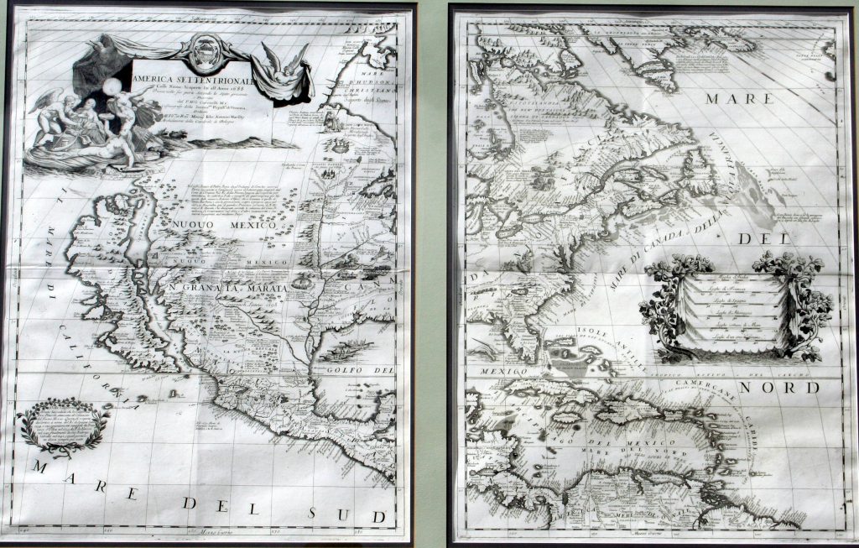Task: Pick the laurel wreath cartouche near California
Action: tap(63, 427)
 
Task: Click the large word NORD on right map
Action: tap(789, 387)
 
